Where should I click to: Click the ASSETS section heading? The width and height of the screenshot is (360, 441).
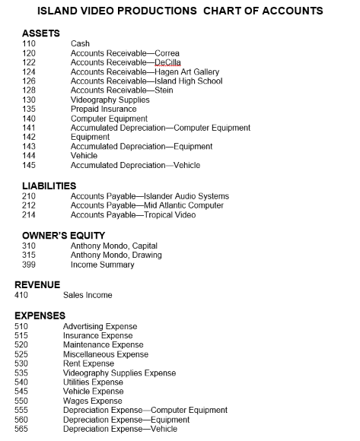pyautogui.click(x=41, y=33)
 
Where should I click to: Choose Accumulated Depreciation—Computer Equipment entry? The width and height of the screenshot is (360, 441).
pyautogui.click(x=160, y=128)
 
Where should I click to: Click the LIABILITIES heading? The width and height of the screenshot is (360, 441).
pyautogui.click(x=49, y=186)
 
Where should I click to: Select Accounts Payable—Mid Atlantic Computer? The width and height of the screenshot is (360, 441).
pyautogui.click(x=147, y=205)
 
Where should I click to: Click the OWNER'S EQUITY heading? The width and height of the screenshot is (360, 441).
pyautogui.click(x=63, y=236)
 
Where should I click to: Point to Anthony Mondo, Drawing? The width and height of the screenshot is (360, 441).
pyautogui.click(x=116, y=255)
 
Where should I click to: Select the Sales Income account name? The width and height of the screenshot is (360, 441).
pyautogui.click(x=88, y=295)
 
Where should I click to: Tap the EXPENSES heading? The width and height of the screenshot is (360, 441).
pyautogui.click(x=40, y=315)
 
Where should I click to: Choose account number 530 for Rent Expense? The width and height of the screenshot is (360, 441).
pyautogui.click(x=21, y=363)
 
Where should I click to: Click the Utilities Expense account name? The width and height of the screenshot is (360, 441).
pyautogui.click(x=93, y=382)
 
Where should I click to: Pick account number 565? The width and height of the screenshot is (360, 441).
pyautogui.click(x=21, y=429)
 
